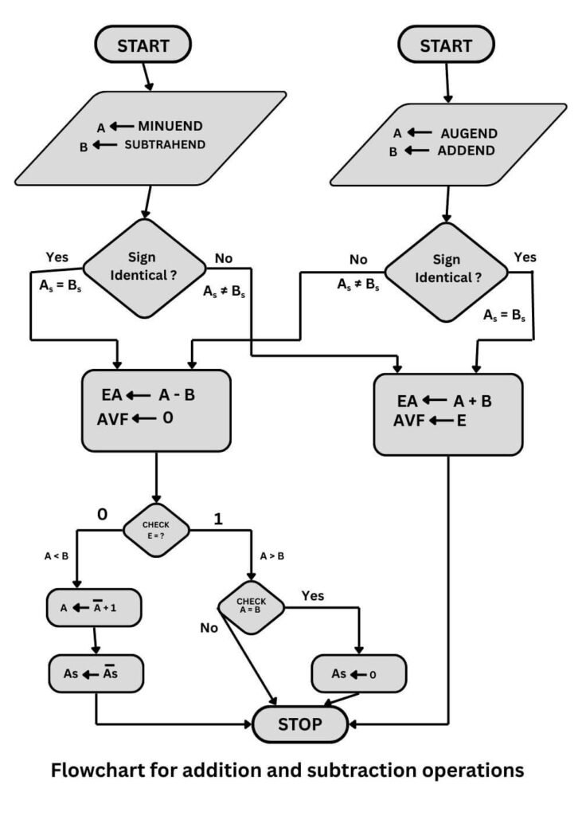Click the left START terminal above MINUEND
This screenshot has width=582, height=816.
(x=143, y=45)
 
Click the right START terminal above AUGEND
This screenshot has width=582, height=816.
(x=446, y=45)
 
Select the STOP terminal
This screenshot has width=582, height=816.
(x=300, y=724)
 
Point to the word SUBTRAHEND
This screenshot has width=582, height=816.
(x=165, y=144)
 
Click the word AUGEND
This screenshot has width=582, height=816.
(x=469, y=133)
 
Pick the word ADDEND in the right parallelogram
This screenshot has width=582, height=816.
(x=466, y=151)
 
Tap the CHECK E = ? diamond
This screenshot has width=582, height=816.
(x=156, y=528)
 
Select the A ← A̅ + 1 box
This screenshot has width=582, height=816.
(x=94, y=608)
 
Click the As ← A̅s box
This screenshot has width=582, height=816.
(x=96, y=673)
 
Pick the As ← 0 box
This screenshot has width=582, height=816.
(x=358, y=674)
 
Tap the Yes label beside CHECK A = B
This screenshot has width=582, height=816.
(x=312, y=595)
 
